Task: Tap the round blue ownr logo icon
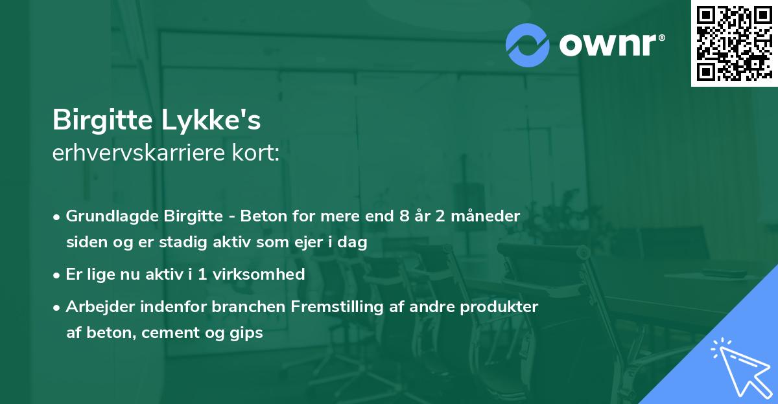(x=528, y=45)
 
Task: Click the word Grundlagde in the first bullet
(x=106, y=216)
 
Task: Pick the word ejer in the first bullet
(x=305, y=243)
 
